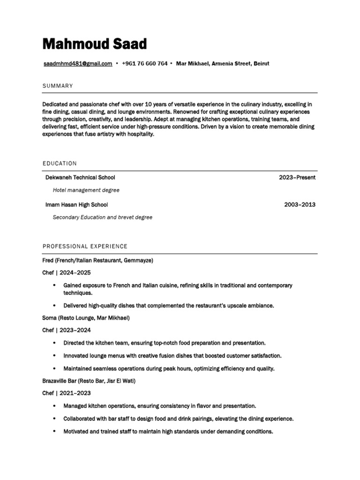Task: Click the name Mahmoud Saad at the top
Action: [94, 44]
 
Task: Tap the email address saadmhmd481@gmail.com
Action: [77, 64]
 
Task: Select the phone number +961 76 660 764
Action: [144, 64]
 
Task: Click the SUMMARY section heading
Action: [58, 86]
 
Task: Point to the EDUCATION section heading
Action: [60, 164]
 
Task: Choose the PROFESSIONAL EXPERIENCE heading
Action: [85, 246]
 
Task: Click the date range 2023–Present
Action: [297, 178]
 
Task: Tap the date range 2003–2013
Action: [300, 205]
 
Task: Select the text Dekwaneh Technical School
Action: [80, 178]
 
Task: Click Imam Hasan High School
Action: [76, 205]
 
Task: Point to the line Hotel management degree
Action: [86, 190]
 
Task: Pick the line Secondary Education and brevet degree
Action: [103, 217]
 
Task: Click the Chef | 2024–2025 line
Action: [67, 272]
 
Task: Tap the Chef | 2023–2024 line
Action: [67, 330]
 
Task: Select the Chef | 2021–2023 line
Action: [67, 393]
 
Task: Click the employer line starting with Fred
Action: [97, 260]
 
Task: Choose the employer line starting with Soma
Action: [86, 318]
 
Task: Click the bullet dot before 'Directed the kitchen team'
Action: [54, 343]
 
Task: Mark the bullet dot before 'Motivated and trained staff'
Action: [54, 431]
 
